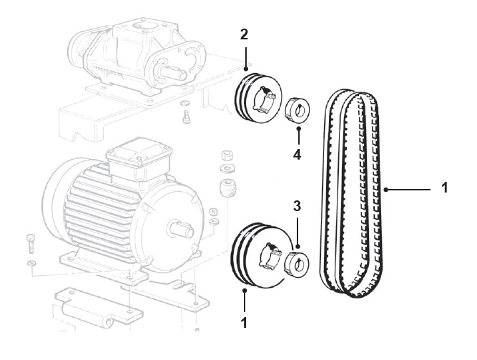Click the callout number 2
245,34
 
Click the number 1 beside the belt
444,189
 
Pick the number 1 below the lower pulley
244,323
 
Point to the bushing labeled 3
297,262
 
